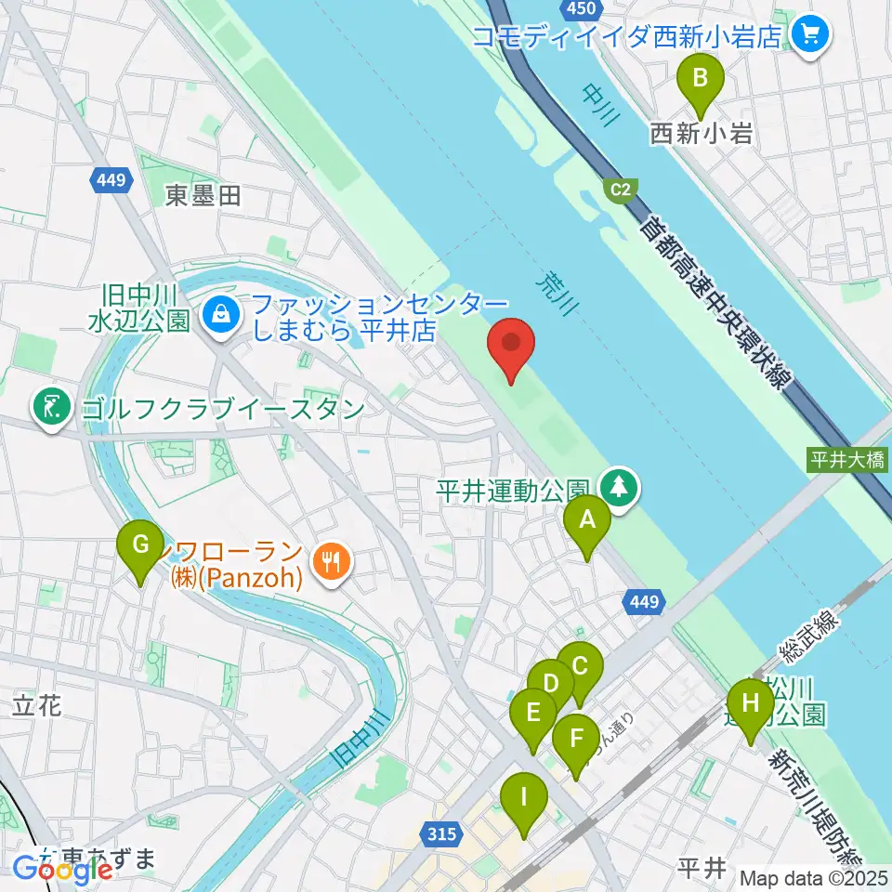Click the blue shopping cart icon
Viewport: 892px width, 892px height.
809,35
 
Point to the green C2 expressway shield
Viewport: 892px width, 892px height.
621,190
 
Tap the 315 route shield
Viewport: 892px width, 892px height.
442,834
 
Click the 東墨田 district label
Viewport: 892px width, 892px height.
203,195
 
